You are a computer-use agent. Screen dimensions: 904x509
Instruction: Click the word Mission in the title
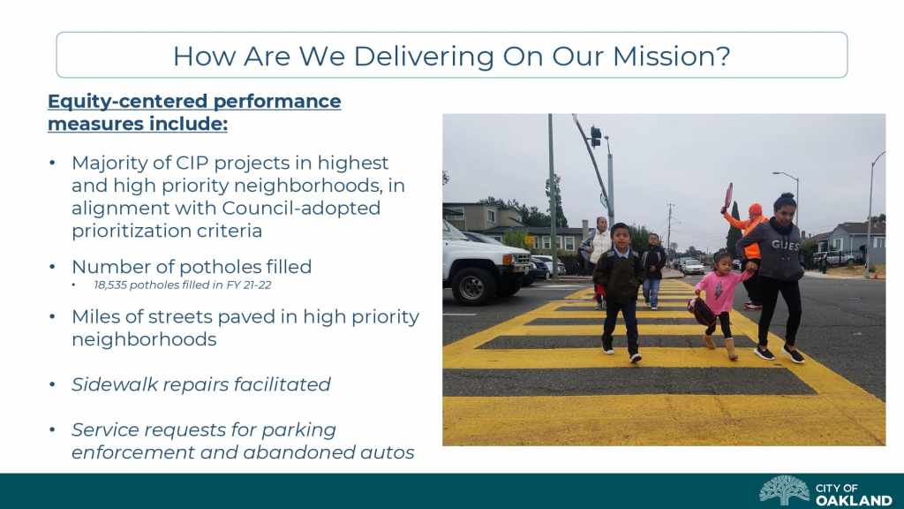click(x=671, y=56)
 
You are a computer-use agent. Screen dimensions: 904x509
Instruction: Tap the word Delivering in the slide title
click(x=423, y=57)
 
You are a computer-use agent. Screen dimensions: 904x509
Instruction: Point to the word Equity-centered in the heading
click(x=128, y=102)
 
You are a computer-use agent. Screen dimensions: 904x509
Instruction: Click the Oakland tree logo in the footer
click(x=784, y=490)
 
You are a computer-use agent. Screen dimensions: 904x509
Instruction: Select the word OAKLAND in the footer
click(x=854, y=500)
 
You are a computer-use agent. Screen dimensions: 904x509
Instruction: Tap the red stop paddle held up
click(x=728, y=195)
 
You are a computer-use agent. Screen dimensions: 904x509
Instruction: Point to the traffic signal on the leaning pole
click(x=596, y=137)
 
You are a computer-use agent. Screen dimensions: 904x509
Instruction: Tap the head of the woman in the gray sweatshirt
click(x=784, y=205)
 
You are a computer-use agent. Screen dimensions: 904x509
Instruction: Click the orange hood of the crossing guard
click(x=755, y=210)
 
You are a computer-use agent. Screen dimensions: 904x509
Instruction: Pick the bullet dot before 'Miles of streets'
click(x=52, y=317)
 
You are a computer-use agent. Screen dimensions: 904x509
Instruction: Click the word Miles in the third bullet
click(x=93, y=317)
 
